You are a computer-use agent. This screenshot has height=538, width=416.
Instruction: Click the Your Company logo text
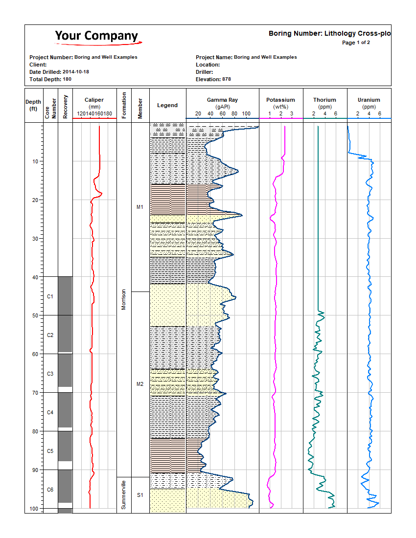coord(96,36)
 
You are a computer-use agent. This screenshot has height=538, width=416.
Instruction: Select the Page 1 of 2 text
coord(356,43)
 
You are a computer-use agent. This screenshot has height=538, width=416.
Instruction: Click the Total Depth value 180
coord(67,79)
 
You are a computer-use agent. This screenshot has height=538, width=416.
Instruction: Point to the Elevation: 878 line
coord(213,79)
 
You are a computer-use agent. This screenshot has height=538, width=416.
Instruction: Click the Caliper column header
coord(94,100)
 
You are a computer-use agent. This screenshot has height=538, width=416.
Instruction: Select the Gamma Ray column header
coord(222,100)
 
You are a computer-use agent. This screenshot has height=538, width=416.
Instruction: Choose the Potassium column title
coord(281,100)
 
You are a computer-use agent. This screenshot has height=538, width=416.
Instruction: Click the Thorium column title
coord(325,100)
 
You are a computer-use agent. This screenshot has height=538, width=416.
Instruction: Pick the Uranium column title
coord(369,100)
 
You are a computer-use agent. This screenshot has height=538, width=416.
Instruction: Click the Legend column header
coord(167,105)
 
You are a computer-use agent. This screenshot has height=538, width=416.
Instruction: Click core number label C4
coord(50,412)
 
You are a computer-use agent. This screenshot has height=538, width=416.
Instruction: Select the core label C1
coord(50,296)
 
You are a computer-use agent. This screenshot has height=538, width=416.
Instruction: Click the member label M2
coord(140,384)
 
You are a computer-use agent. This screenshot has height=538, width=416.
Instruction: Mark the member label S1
coord(140,495)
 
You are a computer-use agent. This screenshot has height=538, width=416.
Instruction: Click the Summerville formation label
coord(124,495)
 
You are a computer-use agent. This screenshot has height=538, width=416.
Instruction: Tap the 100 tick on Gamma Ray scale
coord(247,114)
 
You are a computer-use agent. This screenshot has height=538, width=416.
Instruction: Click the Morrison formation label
coord(124,299)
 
